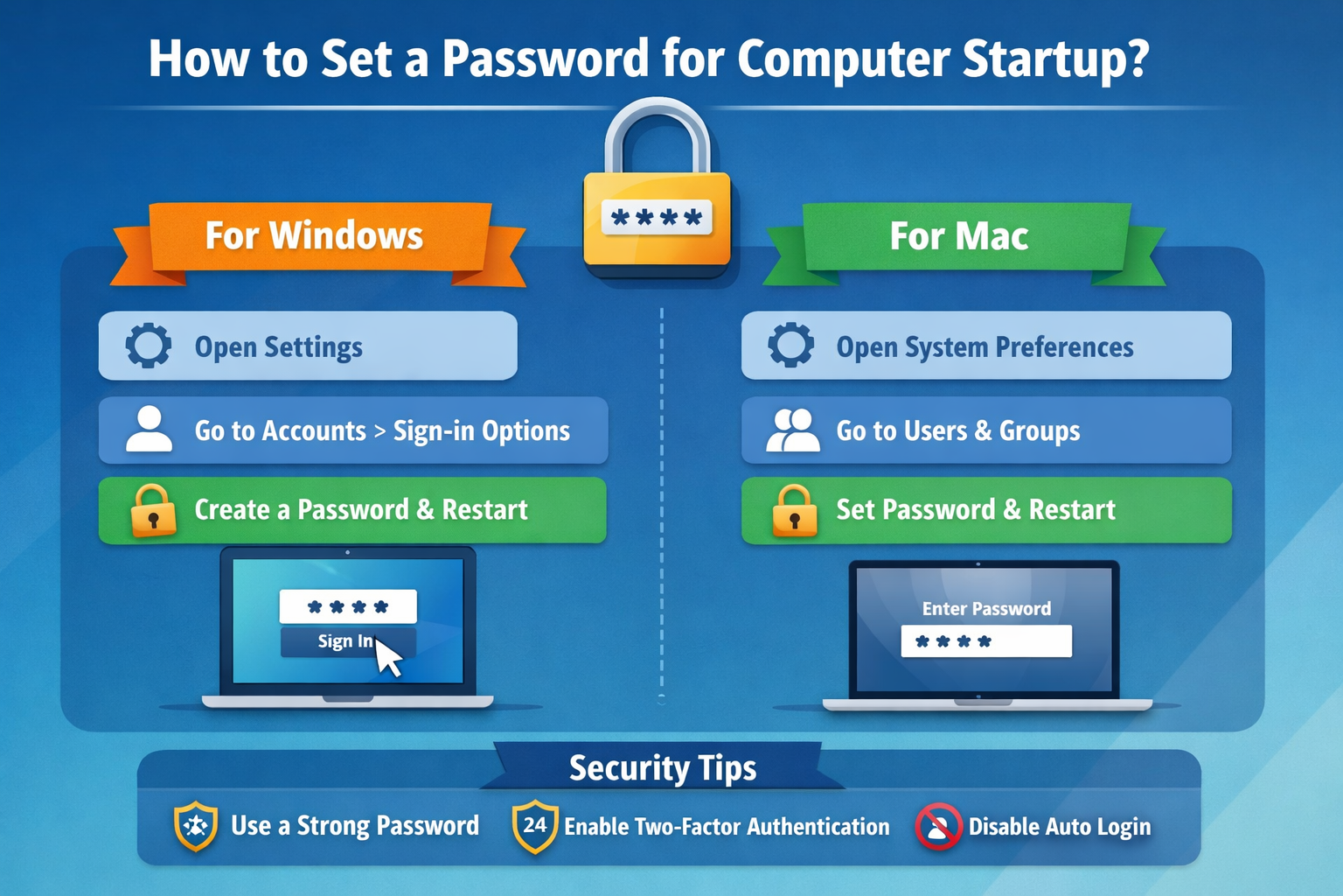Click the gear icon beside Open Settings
149,346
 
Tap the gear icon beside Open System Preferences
790,345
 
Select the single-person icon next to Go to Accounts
149,429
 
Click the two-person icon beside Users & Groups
792,430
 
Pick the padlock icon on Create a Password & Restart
153,510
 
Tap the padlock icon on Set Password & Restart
794,510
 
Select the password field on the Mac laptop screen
985,641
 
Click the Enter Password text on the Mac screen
986,609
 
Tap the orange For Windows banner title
314,236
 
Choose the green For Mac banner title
958,236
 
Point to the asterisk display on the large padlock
657,218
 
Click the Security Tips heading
662,768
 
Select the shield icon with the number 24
534,826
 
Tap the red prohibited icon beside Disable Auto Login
938,826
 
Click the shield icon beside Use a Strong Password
196,826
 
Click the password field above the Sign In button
347,606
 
